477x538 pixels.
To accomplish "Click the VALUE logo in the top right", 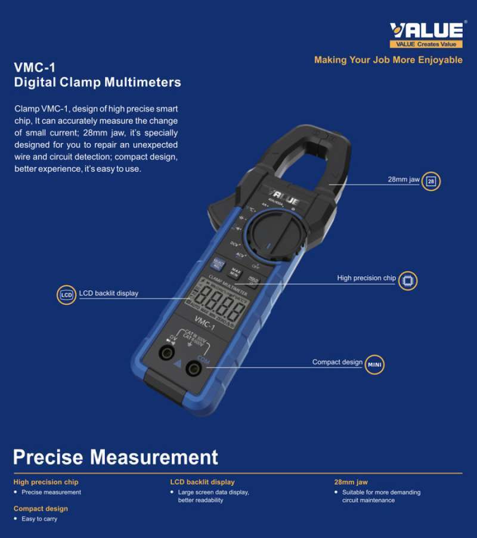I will pyautogui.click(x=426, y=35).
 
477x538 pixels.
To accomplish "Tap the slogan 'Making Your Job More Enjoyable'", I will pyautogui.click(x=388, y=60).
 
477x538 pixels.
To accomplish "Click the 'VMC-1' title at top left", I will pyautogui.click(x=35, y=67).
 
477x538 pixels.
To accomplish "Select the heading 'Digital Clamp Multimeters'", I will pyautogui.click(x=97, y=82).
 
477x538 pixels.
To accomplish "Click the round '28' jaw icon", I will pyautogui.click(x=431, y=181).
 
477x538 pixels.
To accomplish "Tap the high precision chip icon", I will pyautogui.click(x=408, y=280).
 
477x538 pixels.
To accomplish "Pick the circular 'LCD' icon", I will pyautogui.click(x=67, y=295).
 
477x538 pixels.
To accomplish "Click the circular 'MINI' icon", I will pyautogui.click(x=374, y=364).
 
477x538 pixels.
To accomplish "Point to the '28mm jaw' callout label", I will pyautogui.click(x=404, y=179).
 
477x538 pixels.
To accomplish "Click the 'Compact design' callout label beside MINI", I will pyautogui.click(x=337, y=362).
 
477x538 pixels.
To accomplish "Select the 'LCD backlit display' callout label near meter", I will pyautogui.click(x=109, y=293).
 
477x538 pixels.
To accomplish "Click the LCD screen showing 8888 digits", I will pyautogui.click(x=220, y=302).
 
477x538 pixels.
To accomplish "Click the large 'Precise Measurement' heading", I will pyautogui.click(x=116, y=457).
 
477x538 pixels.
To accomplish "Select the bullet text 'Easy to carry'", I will pyautogui.click(x=39, y=519).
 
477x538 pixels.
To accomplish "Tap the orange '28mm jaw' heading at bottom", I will pyautogui.click(x=351, y=482).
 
